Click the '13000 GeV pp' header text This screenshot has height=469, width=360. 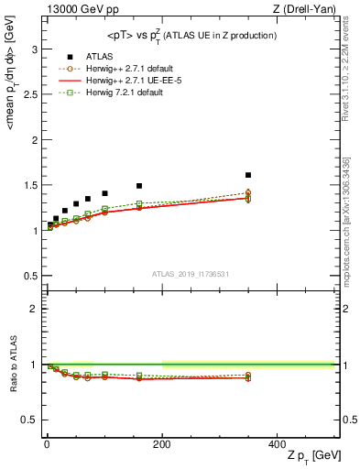[81, 9]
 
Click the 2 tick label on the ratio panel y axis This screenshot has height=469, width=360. [36, 309]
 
